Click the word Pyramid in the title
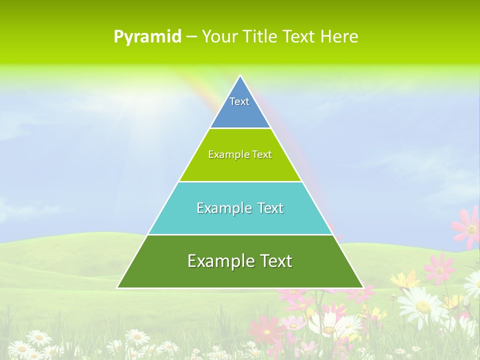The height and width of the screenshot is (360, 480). pos(147,36)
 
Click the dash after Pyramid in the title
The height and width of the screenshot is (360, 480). pos(191,37)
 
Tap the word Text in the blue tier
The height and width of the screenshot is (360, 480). pos(239,101)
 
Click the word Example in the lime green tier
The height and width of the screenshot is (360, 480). pos(224,154)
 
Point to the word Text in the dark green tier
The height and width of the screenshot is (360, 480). pos(272,261)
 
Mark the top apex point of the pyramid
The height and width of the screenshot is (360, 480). pos(240,76)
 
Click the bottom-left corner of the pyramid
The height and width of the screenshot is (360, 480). pos(117,287)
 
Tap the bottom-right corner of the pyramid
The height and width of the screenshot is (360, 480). pos(362,287)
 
